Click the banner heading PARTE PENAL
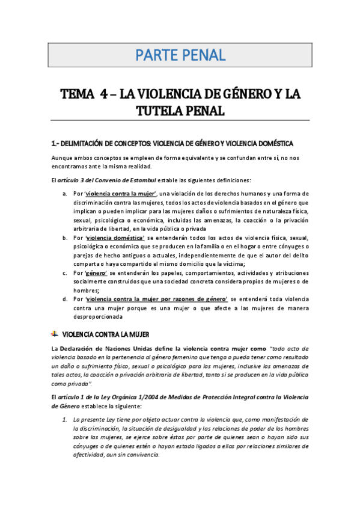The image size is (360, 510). pyautogui.click(x=180, y=56)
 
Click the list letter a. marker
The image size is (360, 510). pyautogui.click(x=65, y=194)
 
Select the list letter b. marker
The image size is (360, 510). pyautogui.click(x=65, y=238)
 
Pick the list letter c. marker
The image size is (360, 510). pyautogui.click(x=65, y=274)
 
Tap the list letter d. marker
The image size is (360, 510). pyautogui.click(x=65, y=299)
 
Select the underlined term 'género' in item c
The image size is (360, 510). pyautogui.click(x=96, y=274)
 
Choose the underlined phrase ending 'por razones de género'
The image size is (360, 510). pyautogui.click(x=157, y=299)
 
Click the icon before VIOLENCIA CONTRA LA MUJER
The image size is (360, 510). pyautogui.click(x=55, y=333)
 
